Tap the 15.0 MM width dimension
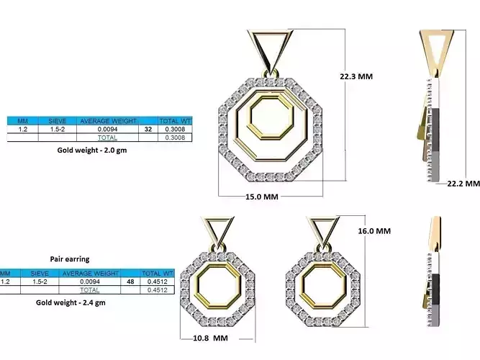coord(261,197)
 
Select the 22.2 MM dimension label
coord(463,184)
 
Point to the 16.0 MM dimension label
coord(373,231)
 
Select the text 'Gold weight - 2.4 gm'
coord(71,303)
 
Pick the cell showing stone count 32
coord(148,130)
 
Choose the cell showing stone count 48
coord(130,282)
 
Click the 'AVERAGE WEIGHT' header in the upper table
coord(109,121)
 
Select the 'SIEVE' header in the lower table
coord(40,274)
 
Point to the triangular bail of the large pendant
coord(271,48)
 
